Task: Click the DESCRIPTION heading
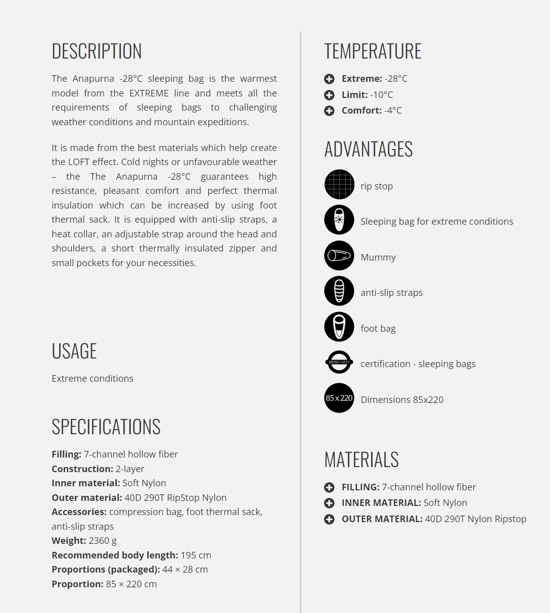click(x=97, y=51)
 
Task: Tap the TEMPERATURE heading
click(x=373, y=51)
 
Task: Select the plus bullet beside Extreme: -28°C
click(x=329, y=79)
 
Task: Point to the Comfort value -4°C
click(x=393, y=111)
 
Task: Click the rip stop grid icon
click(x=339, y=184)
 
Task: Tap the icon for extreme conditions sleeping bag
click(x=339, y=220)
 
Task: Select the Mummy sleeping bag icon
click(x=339, y=256)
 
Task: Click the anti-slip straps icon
click(x=339, y=291)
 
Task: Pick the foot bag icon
click(x=339, y=327)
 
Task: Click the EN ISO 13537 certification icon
click(x=339, y=362)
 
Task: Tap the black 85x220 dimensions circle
click(x=339, y=398)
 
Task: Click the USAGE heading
click(x=74, y=351)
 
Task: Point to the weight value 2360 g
click(x=103, y=541)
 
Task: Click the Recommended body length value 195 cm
click(x=196, y=555)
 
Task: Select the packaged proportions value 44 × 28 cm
click(x=185, y=570)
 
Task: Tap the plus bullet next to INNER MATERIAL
click(x=329, y=503)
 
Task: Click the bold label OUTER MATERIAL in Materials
click(x=382, y=519)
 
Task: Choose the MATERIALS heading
click(x=361, y=459)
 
